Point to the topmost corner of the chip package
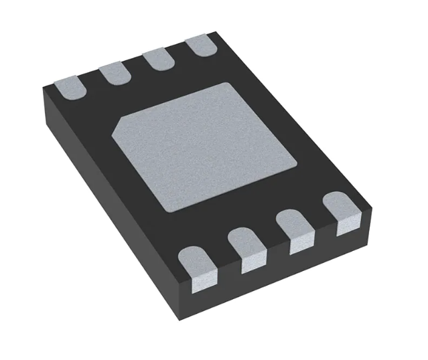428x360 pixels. (x=216, y=33)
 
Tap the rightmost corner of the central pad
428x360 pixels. (x=298, y=163)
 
